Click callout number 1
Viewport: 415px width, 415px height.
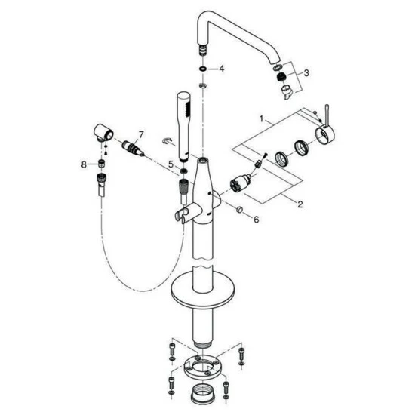(x=262, y=119)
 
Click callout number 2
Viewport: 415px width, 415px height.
(x=300, y=204)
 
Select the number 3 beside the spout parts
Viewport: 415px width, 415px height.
(x=306, y=72)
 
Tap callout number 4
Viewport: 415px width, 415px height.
(x=222, y=69)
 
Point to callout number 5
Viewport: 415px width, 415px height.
(x=171, y=164)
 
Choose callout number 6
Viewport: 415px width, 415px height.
(x=257, y=220)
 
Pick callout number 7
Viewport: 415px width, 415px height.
(x=140, y=135)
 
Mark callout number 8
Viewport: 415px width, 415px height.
(x=84, y=164)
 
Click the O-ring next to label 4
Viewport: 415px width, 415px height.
(x=203, y=69)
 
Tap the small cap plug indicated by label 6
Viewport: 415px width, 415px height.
(x=239, y=209)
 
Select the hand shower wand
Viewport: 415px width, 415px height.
(x=184, y=127)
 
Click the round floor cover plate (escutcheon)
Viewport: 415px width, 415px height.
(x=203, y=290)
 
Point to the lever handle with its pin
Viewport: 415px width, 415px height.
(x=326, y=129)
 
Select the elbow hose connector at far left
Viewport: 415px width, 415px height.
(x=103, y=132)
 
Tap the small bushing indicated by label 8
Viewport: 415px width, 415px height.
(x=100, y=163)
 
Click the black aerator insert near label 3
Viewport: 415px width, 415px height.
(x=282, y=77)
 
